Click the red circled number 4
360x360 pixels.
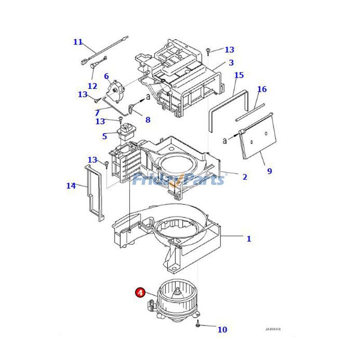pos(140,293)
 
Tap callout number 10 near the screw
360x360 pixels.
pos(222,329)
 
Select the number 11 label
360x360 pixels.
pos(78,42)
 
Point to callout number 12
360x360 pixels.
pos(92,85)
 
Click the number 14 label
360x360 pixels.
pos(71,185)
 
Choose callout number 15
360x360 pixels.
pos(239,75)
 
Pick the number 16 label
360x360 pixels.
pos(262,89)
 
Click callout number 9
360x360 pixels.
pos(270,171)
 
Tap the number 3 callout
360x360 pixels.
pos(231,63)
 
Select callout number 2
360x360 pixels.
pos(244,177)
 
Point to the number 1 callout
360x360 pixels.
pos(249,239)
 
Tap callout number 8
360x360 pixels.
pos(148,120)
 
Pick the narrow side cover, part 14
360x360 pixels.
pos(94,193)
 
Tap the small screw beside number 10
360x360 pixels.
pos(198,324)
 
